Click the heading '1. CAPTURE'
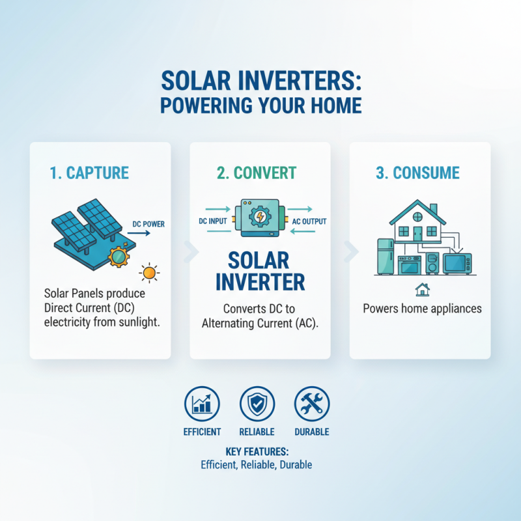(x=90, y=173)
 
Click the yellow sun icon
(x=150, y=272)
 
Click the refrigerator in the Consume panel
(x=387, y=257)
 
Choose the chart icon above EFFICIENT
(x=202, y=404)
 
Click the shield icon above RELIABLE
(x=257, y=404)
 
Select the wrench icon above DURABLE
(x=311, y=404)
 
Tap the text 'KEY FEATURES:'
(x=257, y=451)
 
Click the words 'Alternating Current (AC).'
(x=260, y=324)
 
